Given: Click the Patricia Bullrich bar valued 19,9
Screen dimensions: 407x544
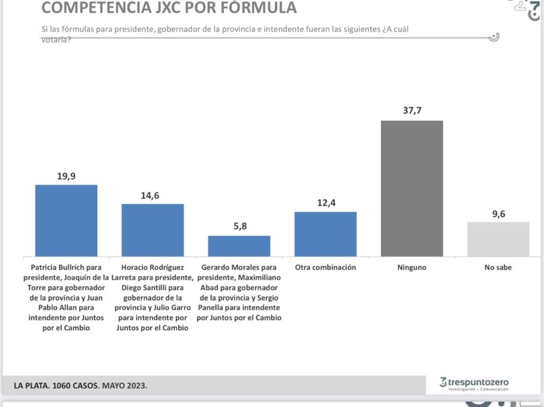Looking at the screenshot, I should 66,221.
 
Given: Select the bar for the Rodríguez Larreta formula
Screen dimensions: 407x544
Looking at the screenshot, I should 152,230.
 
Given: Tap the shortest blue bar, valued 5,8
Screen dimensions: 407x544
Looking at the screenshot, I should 239,246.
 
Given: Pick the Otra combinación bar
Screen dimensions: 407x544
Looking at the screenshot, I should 325,234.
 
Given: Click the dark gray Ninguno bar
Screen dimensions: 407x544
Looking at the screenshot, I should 412,189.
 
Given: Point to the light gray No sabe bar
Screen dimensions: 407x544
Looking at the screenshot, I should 498,239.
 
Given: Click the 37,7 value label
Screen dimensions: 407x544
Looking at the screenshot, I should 412,111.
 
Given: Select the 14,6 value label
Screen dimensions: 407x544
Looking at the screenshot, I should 152,196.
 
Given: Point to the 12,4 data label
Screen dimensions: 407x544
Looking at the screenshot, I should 325,203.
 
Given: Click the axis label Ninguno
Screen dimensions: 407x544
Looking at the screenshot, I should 412,267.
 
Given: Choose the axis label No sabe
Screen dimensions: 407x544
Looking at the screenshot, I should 498,267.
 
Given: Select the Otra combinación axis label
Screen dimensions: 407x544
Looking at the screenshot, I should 325,267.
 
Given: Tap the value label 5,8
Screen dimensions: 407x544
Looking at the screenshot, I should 239,226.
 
